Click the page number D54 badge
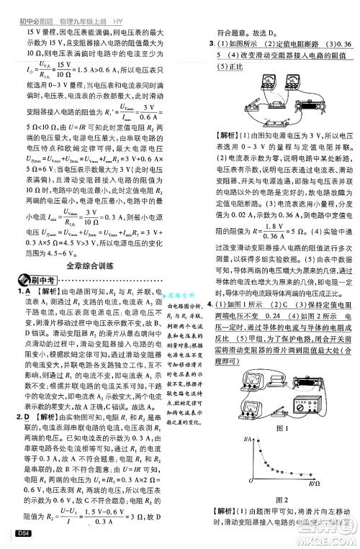[x=15, y=533]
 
